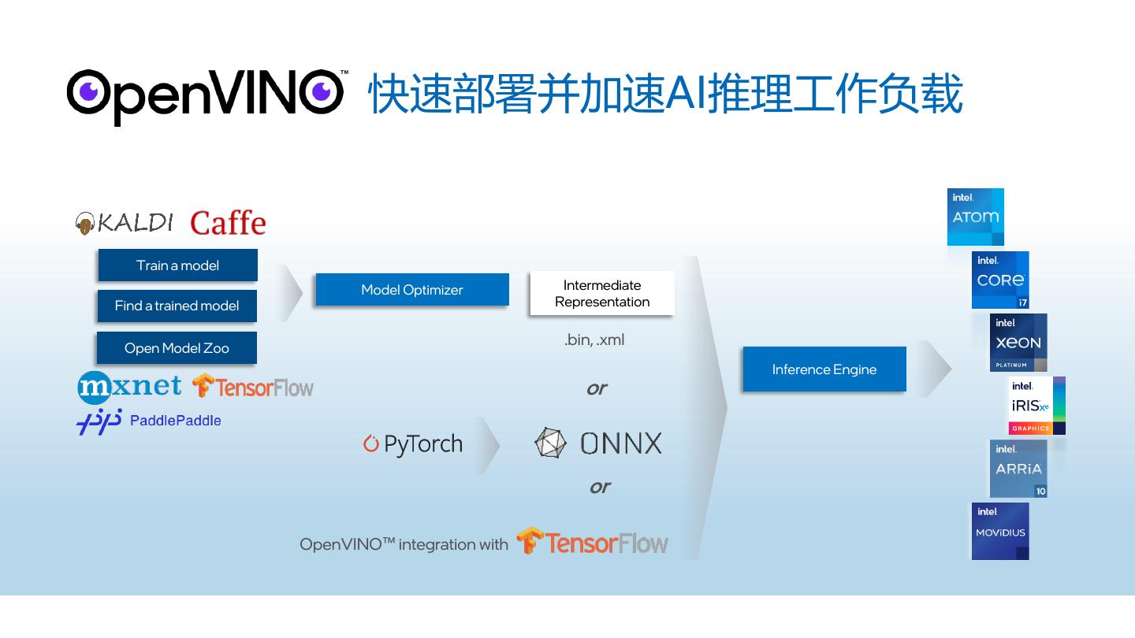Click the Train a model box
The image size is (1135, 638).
click(177, 265)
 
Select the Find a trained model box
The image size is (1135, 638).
click(177, 306)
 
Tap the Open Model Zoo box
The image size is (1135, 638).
click(177, 348)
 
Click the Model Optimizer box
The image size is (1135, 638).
click(411, 290)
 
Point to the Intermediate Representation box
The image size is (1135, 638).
click(601, 293)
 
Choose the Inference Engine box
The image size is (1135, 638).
click(824, 369)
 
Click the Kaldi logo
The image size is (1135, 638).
click(125, 223)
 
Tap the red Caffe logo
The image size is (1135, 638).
click(228, 223)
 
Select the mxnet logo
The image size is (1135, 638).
click(129, 387)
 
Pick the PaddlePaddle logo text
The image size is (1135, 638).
click(175, 421)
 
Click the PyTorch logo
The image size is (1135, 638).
click(413, 444)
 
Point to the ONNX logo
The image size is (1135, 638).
click(598, 443)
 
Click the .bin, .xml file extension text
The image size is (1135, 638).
click(594, 340)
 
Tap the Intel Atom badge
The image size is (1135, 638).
click(975, 217)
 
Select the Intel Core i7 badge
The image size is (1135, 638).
click(1000, 280)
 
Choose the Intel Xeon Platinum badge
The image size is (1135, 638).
click(1018, 343)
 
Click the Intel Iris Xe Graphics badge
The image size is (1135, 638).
click(1036, 406)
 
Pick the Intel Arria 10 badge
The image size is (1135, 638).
click(1018, 469)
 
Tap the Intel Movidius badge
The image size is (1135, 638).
click(1000, 531)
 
